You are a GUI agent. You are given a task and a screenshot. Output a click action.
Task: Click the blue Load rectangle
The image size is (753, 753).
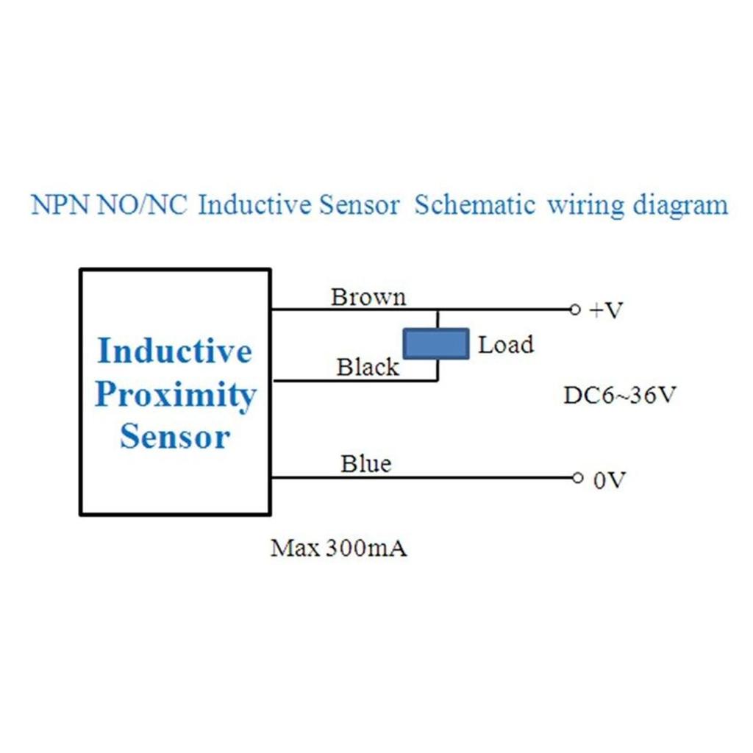[435, 343]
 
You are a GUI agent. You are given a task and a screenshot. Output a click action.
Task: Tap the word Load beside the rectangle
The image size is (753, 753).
[506, 344]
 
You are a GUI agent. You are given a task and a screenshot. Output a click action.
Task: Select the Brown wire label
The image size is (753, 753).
[368, 297]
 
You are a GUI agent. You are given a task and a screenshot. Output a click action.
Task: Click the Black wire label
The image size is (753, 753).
[368, 367]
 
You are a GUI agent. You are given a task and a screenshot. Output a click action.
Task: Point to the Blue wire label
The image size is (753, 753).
[365, 464]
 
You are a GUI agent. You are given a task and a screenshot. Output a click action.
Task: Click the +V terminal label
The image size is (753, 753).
[606, 310]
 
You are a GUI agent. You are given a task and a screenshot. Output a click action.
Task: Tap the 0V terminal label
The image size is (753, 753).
[609, 481]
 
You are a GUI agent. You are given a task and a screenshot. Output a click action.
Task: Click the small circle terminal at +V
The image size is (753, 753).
[576, 310]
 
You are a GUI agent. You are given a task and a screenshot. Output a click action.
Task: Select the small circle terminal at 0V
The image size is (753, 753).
[577, 478]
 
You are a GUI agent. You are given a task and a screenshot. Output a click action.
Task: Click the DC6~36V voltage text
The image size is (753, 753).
[620, 396]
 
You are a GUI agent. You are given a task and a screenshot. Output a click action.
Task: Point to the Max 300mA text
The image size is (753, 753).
[339, 549]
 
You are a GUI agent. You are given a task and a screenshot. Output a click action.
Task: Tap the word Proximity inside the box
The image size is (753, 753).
[175, 395]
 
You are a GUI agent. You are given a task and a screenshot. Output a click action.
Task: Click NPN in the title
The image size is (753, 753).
[61, 205]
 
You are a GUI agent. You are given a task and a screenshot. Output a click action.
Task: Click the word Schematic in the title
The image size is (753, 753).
[474, 205]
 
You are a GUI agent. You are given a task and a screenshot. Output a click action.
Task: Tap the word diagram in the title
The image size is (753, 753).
[680, 205]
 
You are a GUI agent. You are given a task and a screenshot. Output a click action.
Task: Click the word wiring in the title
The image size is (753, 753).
[579, 205]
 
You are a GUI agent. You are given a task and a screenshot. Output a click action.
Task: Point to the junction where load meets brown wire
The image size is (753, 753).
[438, 310]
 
